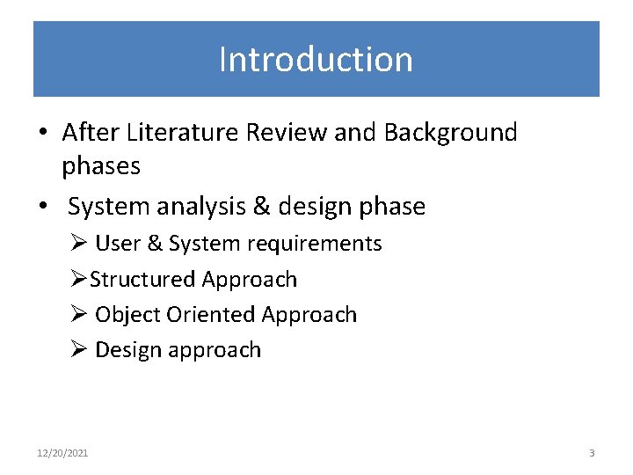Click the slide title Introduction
316,60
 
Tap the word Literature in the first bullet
182,133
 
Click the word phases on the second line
101,165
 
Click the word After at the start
91,133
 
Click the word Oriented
211,315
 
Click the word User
118,244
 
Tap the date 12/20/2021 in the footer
62,453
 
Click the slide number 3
592,453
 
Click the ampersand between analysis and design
261,207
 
